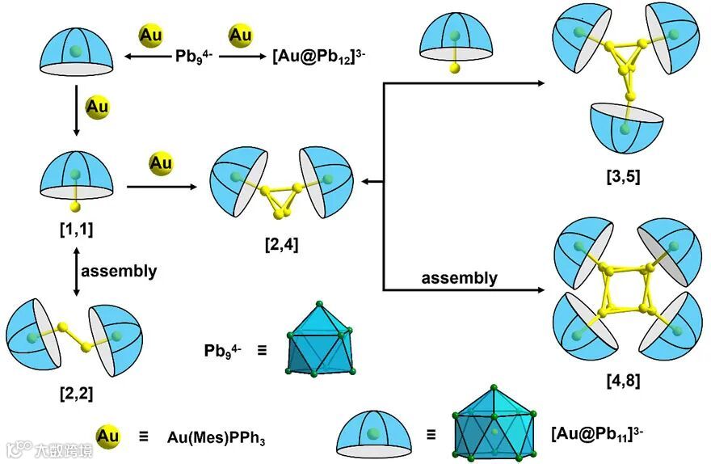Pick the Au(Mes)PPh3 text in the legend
pyautogui.click(x=217, y=438)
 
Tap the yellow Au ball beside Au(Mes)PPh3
pyautogui.click(x=107, y=437)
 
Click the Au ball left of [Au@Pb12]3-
pyautogui.click(x=240, y=36)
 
